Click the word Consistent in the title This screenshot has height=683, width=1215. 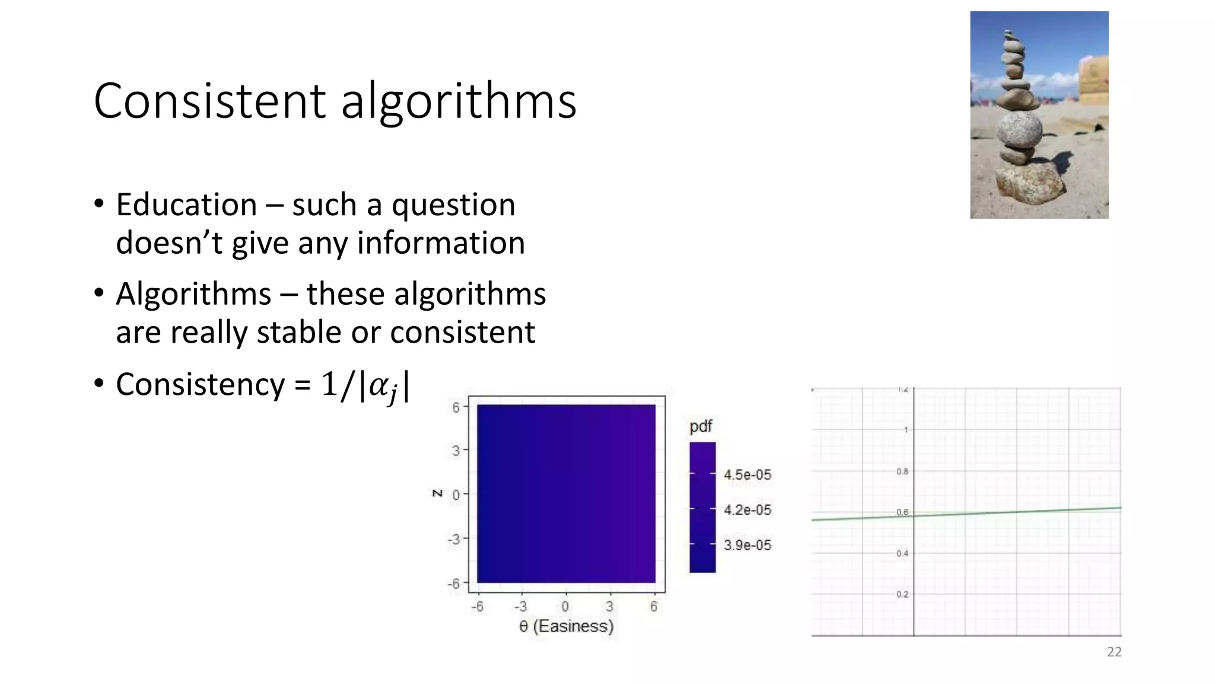point(209,101)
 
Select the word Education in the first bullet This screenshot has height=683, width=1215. point(186,205)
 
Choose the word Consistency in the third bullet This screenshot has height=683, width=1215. point(201,384)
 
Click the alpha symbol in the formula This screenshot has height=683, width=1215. point(380,386)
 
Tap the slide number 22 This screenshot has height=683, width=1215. point(1114,652)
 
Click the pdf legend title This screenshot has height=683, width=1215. point(701,426)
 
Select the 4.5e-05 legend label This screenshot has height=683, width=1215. point(748,475)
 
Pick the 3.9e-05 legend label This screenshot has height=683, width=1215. point(748,545)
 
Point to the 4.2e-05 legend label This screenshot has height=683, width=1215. point(748,510)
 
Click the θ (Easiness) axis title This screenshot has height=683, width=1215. point(566,626)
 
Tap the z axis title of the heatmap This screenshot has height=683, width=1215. point(438,493)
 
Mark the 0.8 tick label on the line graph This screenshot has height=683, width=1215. point(902,472)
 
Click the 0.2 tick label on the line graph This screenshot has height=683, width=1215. point(902,594)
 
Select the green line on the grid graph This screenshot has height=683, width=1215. point(1009,512)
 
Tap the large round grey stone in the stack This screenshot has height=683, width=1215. point(1019,130)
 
